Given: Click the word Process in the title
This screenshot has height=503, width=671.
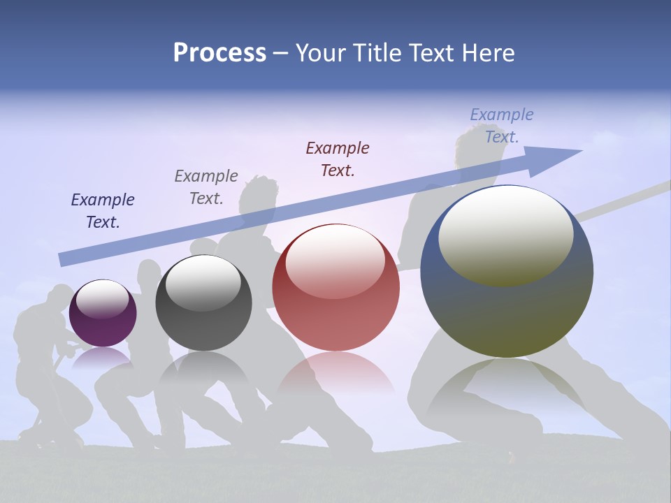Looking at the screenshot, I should tap(219, 53).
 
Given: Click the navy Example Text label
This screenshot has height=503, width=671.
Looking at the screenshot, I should tap(103, 211).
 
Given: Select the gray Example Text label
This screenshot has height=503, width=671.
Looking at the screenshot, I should tap(206, 187).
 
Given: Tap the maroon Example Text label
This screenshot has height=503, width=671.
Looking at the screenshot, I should tap(338, 159).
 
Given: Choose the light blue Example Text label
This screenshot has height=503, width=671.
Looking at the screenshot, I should tap(502, 126).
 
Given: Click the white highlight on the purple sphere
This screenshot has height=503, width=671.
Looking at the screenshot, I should tap(102, 299).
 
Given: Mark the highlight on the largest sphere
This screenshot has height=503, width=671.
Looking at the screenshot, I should tap(505, 236).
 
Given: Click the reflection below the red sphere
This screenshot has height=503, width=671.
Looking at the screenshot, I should tap(335, 374).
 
